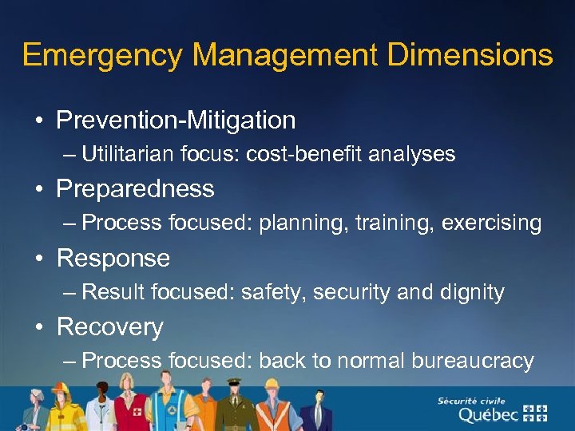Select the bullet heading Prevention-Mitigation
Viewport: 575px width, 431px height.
[x=176, y=121]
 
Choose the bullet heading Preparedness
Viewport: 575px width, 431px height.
[x=135, y=189]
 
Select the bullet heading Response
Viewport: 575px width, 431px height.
[x=113, y=259]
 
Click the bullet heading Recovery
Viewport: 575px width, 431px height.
[x=110, y=327]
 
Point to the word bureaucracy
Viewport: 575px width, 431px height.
[x=472, y=361]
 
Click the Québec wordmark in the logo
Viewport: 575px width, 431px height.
[x=486, y=414]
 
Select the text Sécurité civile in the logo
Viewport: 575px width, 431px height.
[x=471, y=399]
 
